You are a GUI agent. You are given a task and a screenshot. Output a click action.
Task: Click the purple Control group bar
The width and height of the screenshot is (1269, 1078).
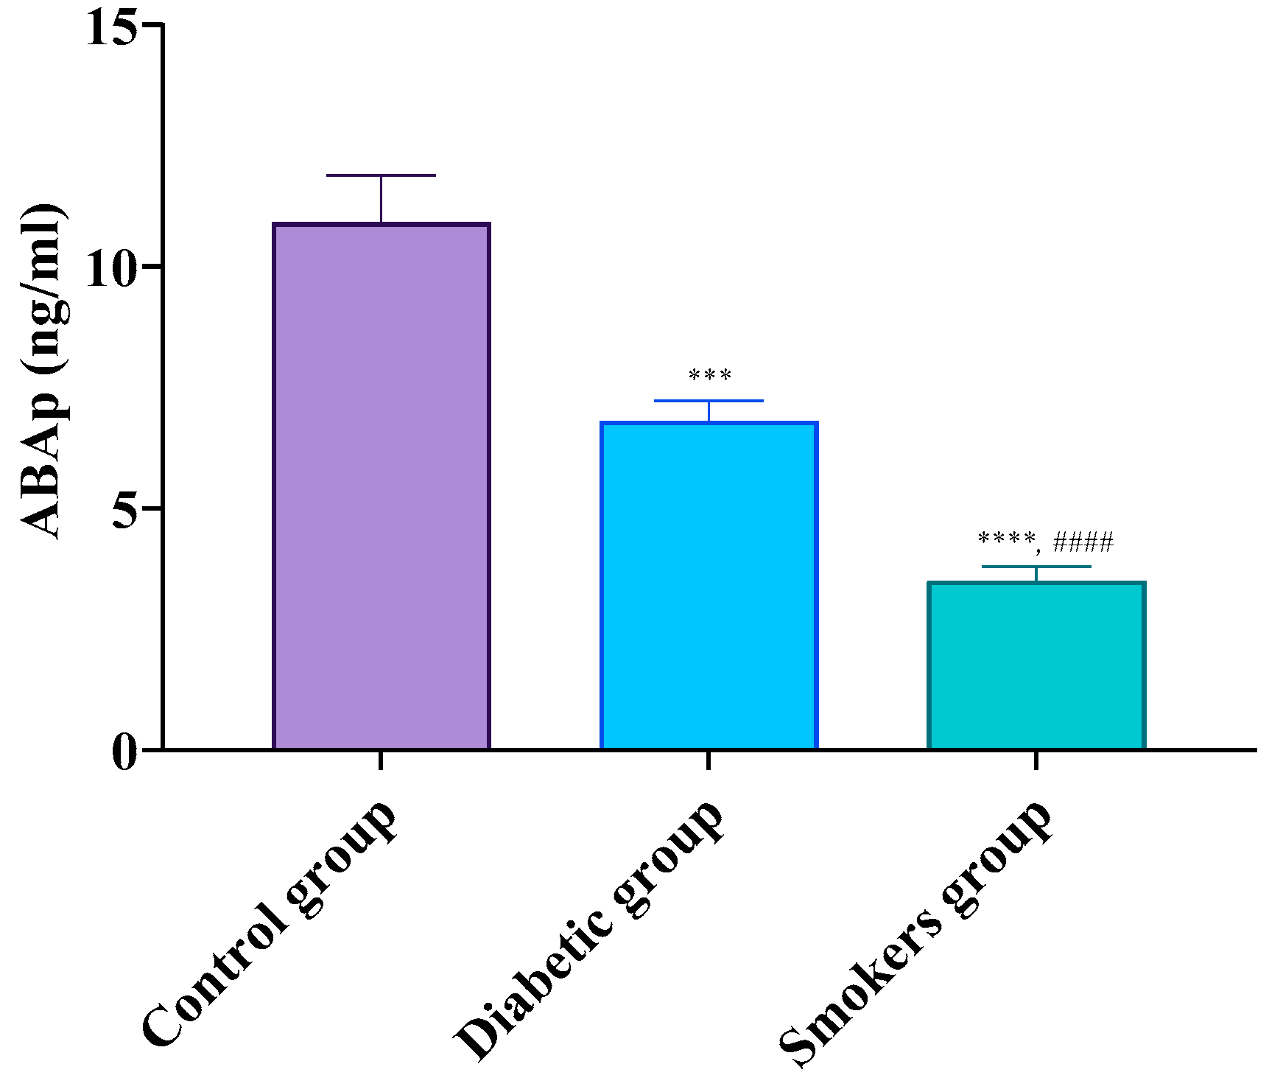pyautogui.click(x=381, y=486)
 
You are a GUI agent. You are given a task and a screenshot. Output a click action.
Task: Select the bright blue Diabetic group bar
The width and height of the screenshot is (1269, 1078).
pyautogui.click(x=709, y=586)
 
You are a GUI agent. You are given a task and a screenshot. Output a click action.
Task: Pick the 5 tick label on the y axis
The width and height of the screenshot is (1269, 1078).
pyautogui.click(x=126, y=509)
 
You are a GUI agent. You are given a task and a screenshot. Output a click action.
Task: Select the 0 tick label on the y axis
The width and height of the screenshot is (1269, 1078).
pyautogui.click(x=126, y=752)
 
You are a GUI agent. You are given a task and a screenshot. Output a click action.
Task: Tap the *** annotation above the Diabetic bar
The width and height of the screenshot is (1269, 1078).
pyautogui.click(x=710, y=377)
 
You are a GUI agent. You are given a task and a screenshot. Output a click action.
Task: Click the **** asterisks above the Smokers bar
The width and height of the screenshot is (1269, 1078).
pyautogui.click(x=1006, y=540)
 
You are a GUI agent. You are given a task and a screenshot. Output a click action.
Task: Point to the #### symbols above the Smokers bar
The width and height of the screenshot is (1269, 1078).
pyautogui.click(x=1083, y=543)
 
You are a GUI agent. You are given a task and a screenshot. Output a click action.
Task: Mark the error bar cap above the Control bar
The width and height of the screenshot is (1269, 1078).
pyautogui.click(x=381, y=175)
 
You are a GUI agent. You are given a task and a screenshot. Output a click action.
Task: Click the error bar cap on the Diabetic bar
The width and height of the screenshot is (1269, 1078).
pyautogui.click(x=709, y=401)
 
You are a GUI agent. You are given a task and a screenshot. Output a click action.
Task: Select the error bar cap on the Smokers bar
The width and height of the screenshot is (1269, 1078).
pyautogui.click(x=1036, y=567)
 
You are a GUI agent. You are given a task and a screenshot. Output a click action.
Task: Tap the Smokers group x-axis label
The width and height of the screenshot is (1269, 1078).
pyautogui.click(x=915, y=932)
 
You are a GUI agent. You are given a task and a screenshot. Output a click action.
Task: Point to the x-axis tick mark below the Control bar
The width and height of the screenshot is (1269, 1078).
pyautogui.click(x=381, y=760)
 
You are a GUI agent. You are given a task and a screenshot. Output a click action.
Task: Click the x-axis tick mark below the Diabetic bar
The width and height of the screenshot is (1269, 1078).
pyautogui.click(x=709, y=760)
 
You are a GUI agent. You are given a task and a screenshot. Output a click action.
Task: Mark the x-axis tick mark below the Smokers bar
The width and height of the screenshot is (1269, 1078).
pyautogui.click(x=1036, y=760)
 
